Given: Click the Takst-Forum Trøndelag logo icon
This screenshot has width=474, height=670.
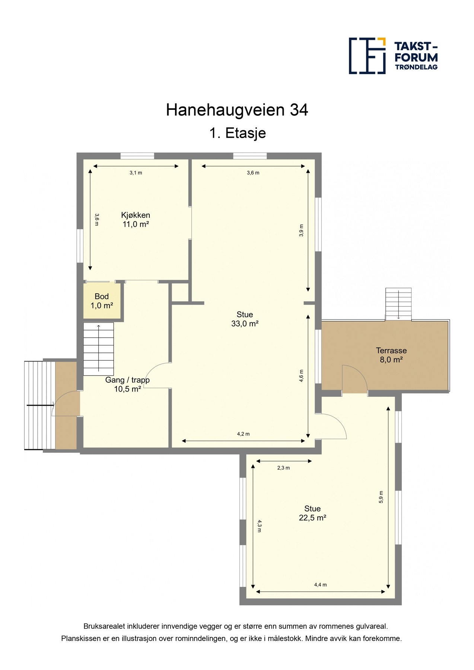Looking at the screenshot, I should (367, 55).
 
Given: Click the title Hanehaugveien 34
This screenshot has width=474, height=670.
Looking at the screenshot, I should (237, 110).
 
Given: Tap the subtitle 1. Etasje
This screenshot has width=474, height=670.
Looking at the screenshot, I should (237, 133).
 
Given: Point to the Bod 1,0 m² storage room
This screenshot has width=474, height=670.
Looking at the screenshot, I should (102, 301).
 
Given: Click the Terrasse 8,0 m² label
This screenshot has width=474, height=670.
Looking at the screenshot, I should (391, 355).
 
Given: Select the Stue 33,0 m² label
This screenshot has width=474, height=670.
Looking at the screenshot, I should (245, 319).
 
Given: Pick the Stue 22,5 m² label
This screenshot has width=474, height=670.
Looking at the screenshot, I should (312, 513).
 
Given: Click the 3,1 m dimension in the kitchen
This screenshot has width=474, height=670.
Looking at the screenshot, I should (136, 173).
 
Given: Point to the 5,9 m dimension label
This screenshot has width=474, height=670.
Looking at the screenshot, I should (381, 497).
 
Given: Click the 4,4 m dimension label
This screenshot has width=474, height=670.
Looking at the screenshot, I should (320, 585).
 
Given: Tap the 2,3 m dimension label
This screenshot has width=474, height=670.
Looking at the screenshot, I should (283, 468).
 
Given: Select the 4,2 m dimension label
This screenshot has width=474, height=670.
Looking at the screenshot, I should (243, 434).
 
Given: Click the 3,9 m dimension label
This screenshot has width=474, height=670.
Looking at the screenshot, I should (301, 230).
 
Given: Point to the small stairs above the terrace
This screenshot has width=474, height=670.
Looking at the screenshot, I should (398, 304).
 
